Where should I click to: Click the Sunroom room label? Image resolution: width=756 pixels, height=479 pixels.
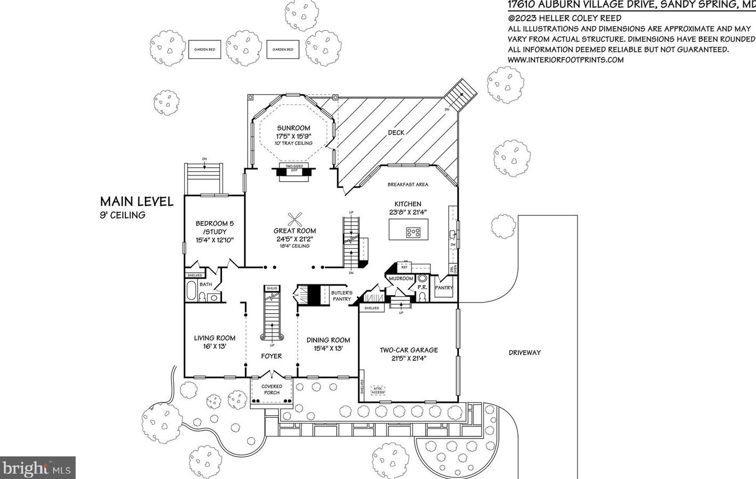[x=293, y=128]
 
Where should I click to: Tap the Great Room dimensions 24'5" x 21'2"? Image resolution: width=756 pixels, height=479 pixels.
[x=294, y=239]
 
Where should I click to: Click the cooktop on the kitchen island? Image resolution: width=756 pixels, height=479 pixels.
[x=413, y=232]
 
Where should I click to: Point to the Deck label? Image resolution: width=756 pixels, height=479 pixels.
[x=396, y=132]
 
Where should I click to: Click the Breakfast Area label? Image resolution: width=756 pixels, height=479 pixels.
[x=407, y=184]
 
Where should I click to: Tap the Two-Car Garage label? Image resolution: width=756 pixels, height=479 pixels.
[x=409, y=350]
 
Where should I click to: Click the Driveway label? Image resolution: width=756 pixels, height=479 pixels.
[x=524, y=352]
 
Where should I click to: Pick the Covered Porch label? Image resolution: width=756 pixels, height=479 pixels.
[x=271, y=390]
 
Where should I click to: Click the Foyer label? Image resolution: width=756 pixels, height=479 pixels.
[x=271, y=356]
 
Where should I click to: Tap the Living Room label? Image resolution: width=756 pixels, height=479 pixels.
[x=215, y=338]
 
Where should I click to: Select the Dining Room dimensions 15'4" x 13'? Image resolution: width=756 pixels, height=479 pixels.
[x=328, y=348]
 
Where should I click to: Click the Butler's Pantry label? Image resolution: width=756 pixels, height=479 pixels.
[x=342, y=296]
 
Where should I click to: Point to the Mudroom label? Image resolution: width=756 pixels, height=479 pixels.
[x=401, y=279]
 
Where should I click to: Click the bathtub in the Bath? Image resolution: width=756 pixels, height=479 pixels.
[x=191, y=292]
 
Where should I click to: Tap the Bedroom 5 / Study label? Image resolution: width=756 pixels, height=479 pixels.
[x=215, y=228]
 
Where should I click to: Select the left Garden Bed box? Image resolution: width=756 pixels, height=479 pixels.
[x=205, y=49]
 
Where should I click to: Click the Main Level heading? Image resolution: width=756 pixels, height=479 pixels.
[x=137, y=201]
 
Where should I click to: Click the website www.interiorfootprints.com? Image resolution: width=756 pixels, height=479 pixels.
[x=566, y=60]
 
